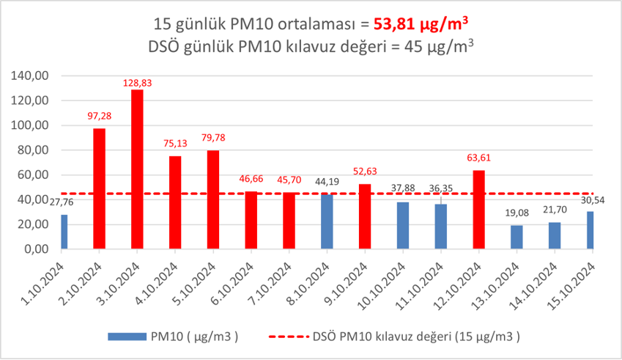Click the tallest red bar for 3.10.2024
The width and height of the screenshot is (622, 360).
pos(137,169)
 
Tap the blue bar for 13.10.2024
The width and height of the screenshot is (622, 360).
pos(517,237)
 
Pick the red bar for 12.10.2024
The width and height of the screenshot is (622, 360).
pos(478,210)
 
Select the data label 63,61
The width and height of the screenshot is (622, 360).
pos(478,157)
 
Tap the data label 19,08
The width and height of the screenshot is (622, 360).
pos(517,213)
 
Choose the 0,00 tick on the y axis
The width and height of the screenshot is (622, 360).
pos(37,249)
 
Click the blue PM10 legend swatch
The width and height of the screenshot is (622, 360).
pos(127,336)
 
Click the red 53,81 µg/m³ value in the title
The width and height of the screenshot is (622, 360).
pos(421,23)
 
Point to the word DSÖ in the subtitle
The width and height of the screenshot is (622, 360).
pos(166,47)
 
